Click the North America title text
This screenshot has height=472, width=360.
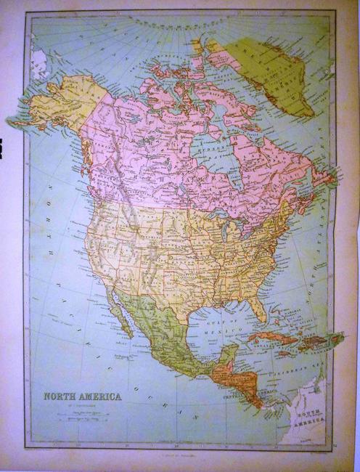[x=82, y=396]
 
